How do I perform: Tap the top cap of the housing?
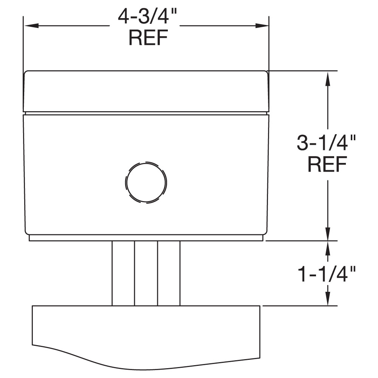point(146,91)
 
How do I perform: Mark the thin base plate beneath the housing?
point(146,238)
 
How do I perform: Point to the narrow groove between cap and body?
point(146,113)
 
